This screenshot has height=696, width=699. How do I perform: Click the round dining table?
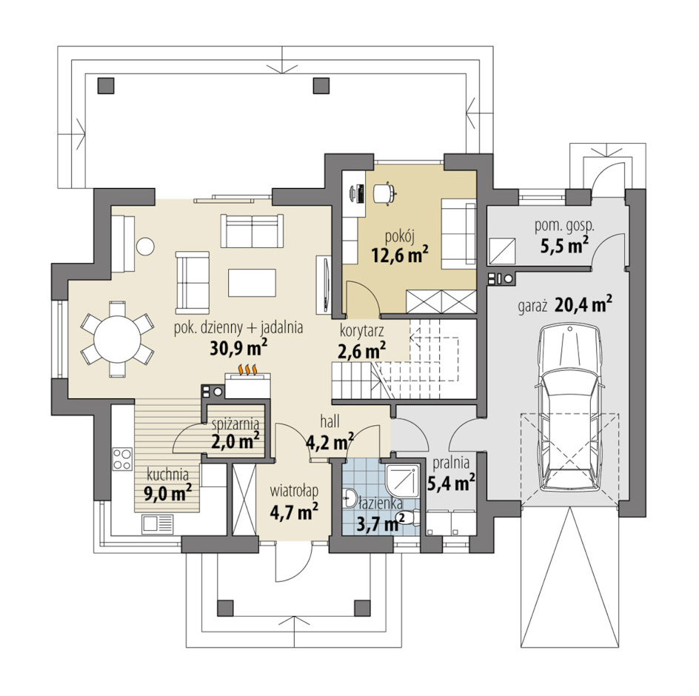pos(118,338)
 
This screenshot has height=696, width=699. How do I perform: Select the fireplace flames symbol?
pos(248,369)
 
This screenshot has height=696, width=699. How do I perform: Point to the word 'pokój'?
pos(400,236)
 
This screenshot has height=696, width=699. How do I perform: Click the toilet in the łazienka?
pos(410,518)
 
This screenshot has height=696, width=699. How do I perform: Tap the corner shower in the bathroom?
pos(402,481)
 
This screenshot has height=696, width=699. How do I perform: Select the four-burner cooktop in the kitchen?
pos(122,459)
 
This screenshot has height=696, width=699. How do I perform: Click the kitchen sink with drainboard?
pos(158,524)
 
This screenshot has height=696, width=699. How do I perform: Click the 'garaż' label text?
pos(532,308)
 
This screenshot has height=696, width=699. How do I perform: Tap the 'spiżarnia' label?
pos(235,424)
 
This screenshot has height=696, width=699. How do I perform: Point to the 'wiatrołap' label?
pos(294,491)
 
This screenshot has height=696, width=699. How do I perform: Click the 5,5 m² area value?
pos(564,244)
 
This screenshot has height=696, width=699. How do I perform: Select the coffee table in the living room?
pos(252,282)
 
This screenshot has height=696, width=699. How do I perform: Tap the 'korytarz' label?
pos(361,331)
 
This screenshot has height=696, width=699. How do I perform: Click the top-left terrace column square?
pos(106,85)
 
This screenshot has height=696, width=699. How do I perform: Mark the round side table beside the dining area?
pos(145,246)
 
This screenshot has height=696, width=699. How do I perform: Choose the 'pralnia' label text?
pos(451,463)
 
